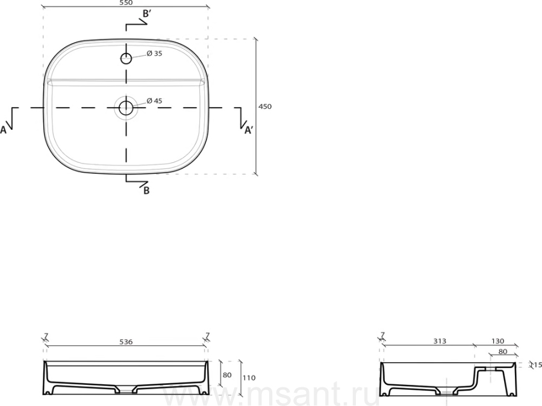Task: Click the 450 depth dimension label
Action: [265, 106]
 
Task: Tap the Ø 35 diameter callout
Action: [154, 54]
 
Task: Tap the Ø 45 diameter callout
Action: [154, 101]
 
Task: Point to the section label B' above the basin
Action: [146, 14]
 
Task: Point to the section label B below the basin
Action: [146, 190]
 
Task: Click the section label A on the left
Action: [3, 130]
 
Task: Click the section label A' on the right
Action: [249, 130]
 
